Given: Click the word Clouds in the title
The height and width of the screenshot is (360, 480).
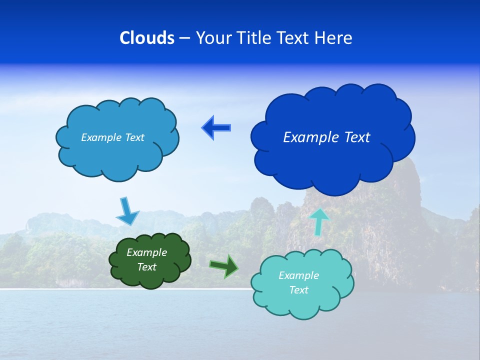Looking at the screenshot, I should click(147, 38).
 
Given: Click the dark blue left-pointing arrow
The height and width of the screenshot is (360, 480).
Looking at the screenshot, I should click(216, 128).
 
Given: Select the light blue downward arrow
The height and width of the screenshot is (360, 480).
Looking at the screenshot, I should click(127, 212).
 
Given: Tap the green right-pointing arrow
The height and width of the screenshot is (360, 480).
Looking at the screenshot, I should click(224, 266).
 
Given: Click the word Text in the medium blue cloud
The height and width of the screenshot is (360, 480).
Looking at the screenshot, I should click(134, 137).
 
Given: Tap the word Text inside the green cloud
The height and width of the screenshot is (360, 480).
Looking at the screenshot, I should click(147, 267).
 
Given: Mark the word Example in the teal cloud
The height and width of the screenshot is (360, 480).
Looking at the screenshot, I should click(298, 275).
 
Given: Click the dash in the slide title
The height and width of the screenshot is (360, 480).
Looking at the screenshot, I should click(184, 38).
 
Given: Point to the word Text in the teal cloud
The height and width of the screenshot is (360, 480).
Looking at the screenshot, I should click(298, 290).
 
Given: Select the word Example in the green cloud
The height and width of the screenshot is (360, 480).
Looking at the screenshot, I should click(146, 252).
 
